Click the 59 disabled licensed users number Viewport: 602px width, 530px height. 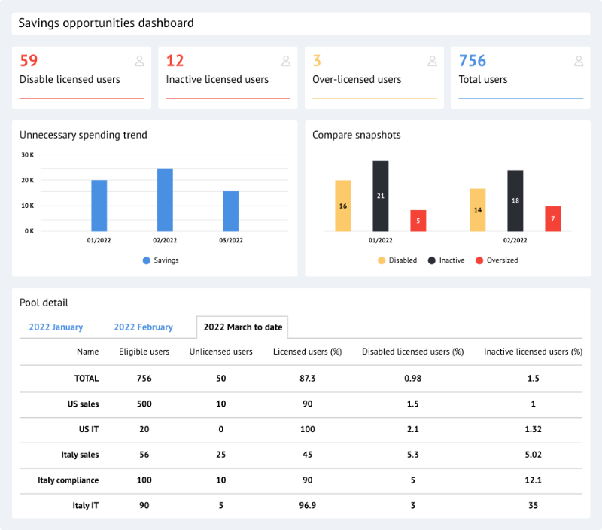coord(29,61)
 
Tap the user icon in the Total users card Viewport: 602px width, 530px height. coord(578,61)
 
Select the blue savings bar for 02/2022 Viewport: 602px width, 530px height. coord(165,200)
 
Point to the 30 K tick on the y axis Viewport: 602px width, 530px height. coord(27,155)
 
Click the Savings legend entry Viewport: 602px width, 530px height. coord(160,260)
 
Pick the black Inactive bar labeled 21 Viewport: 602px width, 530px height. coord(380,196)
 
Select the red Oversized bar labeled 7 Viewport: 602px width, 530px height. coord(552,218)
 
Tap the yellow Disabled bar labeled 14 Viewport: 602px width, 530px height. coord(477,209)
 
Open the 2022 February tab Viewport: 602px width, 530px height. coord(143,327)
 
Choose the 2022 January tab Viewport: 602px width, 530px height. coord(56,327)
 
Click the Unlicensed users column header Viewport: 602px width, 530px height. coord(220,352)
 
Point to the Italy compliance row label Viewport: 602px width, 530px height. coord(68,480)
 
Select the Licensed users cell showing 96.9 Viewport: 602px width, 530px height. coord(306,506)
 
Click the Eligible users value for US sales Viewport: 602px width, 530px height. coord(144,404)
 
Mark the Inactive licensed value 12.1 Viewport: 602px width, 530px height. coord(533,480)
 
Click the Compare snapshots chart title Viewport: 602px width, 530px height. coord(356,136)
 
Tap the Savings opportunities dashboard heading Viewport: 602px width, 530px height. coord(106,23)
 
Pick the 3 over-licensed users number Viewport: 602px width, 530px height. coord(317,61)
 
